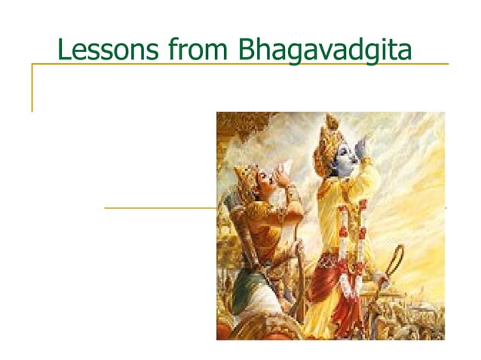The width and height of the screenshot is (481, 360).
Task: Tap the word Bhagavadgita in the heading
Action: pyautogui.click(x=325, y=50)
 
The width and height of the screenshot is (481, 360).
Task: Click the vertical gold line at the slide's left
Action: pyautogui.click(x=32, y=87)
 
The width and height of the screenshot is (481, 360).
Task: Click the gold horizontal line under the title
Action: pyautogui.click(x=241, y=64)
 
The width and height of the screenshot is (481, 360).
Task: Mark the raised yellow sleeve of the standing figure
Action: pyautogui.click(x=369, y=181)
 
